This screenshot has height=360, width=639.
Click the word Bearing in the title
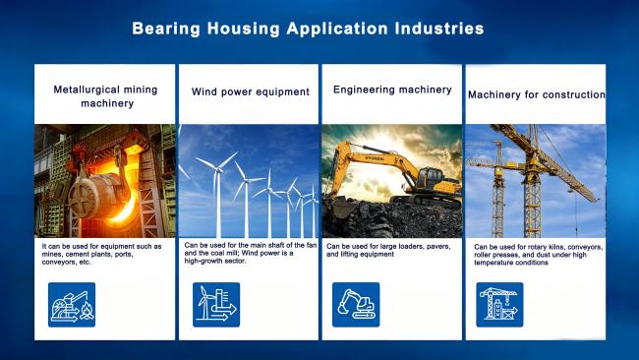166,29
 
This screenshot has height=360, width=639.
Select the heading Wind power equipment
251,92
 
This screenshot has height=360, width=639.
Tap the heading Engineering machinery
392,90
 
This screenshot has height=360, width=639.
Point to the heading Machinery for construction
537,95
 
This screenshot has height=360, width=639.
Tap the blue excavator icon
356,305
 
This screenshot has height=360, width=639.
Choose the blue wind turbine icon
216,305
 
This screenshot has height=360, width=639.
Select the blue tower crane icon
499,305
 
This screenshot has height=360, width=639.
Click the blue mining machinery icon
72,305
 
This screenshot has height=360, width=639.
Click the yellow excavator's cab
430,178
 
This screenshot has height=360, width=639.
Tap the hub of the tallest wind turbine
219,168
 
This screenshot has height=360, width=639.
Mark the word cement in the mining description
77,255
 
